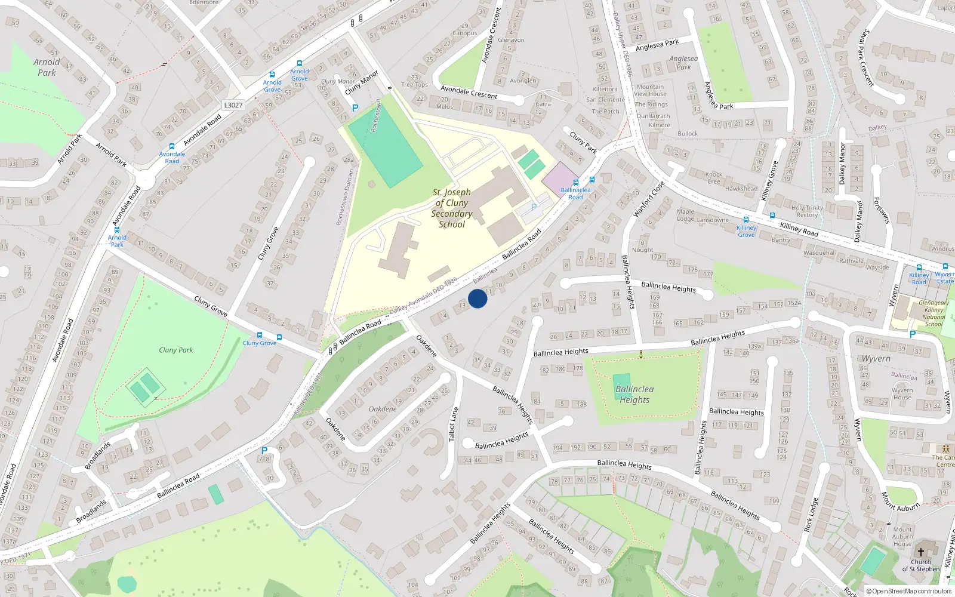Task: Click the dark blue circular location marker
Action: (478, 298)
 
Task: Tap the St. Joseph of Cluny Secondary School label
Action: (452, 208)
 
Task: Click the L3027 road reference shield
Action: (233, 105)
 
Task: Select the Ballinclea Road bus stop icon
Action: (576, 183)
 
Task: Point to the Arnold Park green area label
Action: (47, 67)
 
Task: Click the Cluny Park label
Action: (175, 350)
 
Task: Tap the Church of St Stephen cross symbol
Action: (920, 552)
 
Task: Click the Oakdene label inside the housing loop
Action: (383, 409)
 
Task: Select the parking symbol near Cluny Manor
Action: (355, 108)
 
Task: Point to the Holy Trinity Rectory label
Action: (807, 211)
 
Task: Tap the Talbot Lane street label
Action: (454, 424)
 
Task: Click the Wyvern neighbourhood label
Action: (876, 358)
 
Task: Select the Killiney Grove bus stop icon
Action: (745, 220)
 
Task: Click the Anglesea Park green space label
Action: (683, 63)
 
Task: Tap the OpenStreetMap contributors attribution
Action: (909, 591)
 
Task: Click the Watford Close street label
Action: (648, 199)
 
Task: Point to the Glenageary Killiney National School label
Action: (934, 313)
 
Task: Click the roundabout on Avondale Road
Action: (145, 179)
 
